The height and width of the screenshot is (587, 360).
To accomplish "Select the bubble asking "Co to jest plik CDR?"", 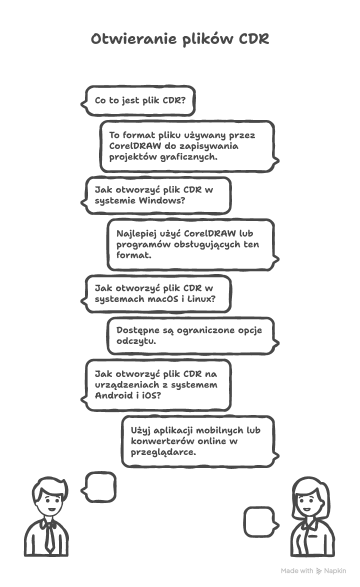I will click(x=139, y=100).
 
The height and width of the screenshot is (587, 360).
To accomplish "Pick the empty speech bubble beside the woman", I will click(x=259, y=521).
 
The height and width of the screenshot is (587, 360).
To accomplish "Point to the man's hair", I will click(x=48, y=485).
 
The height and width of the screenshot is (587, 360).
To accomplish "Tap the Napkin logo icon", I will click(x=319, y=571).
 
